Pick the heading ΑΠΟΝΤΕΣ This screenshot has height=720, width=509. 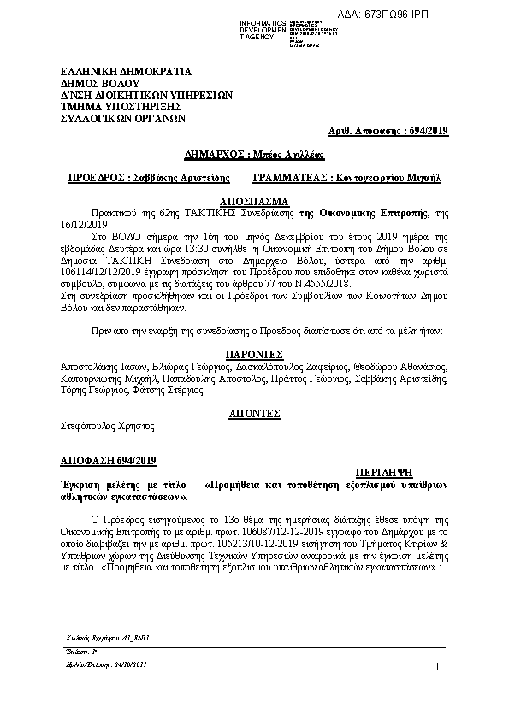point(254,412)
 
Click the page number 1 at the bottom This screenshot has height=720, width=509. point(437,667)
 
